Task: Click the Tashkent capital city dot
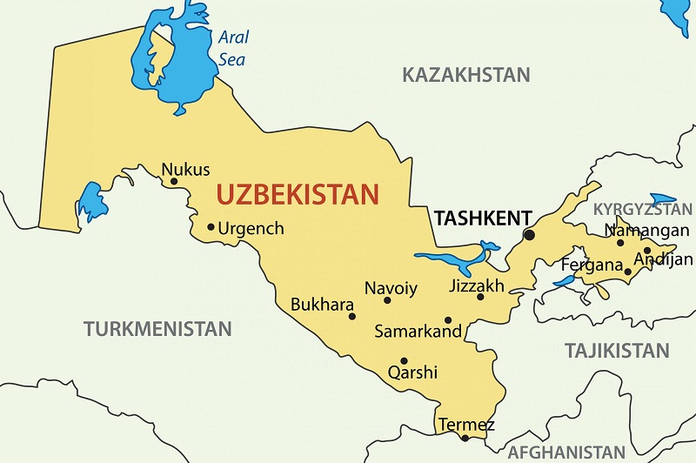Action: click(x=529, y=235)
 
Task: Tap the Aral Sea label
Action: click(x=232, y=49)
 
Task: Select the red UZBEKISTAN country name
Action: click(x=298, y=193)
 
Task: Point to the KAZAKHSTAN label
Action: click(x=465, y=75)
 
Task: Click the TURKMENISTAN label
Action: click(x=157, y=329)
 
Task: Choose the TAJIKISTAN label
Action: click(x=617, y=351)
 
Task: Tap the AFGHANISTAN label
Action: click(x=565, y=452)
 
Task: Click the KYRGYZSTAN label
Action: click(x=643, y=210)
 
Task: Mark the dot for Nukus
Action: click(x=174, y=182)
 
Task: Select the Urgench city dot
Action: click(x=211, y=227)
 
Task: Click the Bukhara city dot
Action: click(x=352, y=316)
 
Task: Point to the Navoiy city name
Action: click(x=391, y=288)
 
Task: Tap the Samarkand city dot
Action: click(x=448, y=320)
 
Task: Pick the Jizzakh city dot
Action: click(x=480, y=297)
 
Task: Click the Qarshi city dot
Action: click(x=404, y=361)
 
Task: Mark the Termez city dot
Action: click(x=465, y=438)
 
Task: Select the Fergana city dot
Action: click(x=627, y=272)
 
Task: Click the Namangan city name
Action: click(x=641, y=231)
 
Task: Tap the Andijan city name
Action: click(x=664, y=258)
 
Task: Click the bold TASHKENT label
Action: click(x=475, y=218)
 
